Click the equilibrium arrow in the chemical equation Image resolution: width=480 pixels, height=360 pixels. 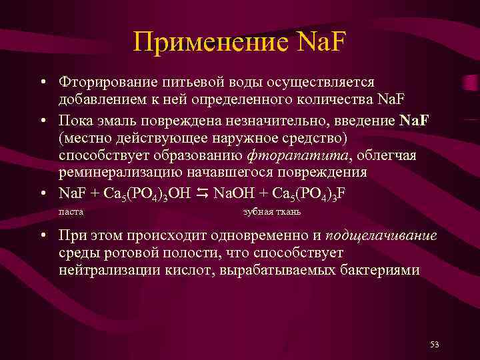(x=203, y=193)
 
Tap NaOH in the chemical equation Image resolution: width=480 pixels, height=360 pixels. (x=231, y=193)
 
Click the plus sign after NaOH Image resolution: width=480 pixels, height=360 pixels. (x=258, y=193)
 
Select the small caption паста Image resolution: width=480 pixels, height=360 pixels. (x=71, y=212)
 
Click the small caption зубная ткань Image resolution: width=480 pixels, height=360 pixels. (x=272, y=212)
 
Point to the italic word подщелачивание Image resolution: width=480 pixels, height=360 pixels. (x=381, y=236)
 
